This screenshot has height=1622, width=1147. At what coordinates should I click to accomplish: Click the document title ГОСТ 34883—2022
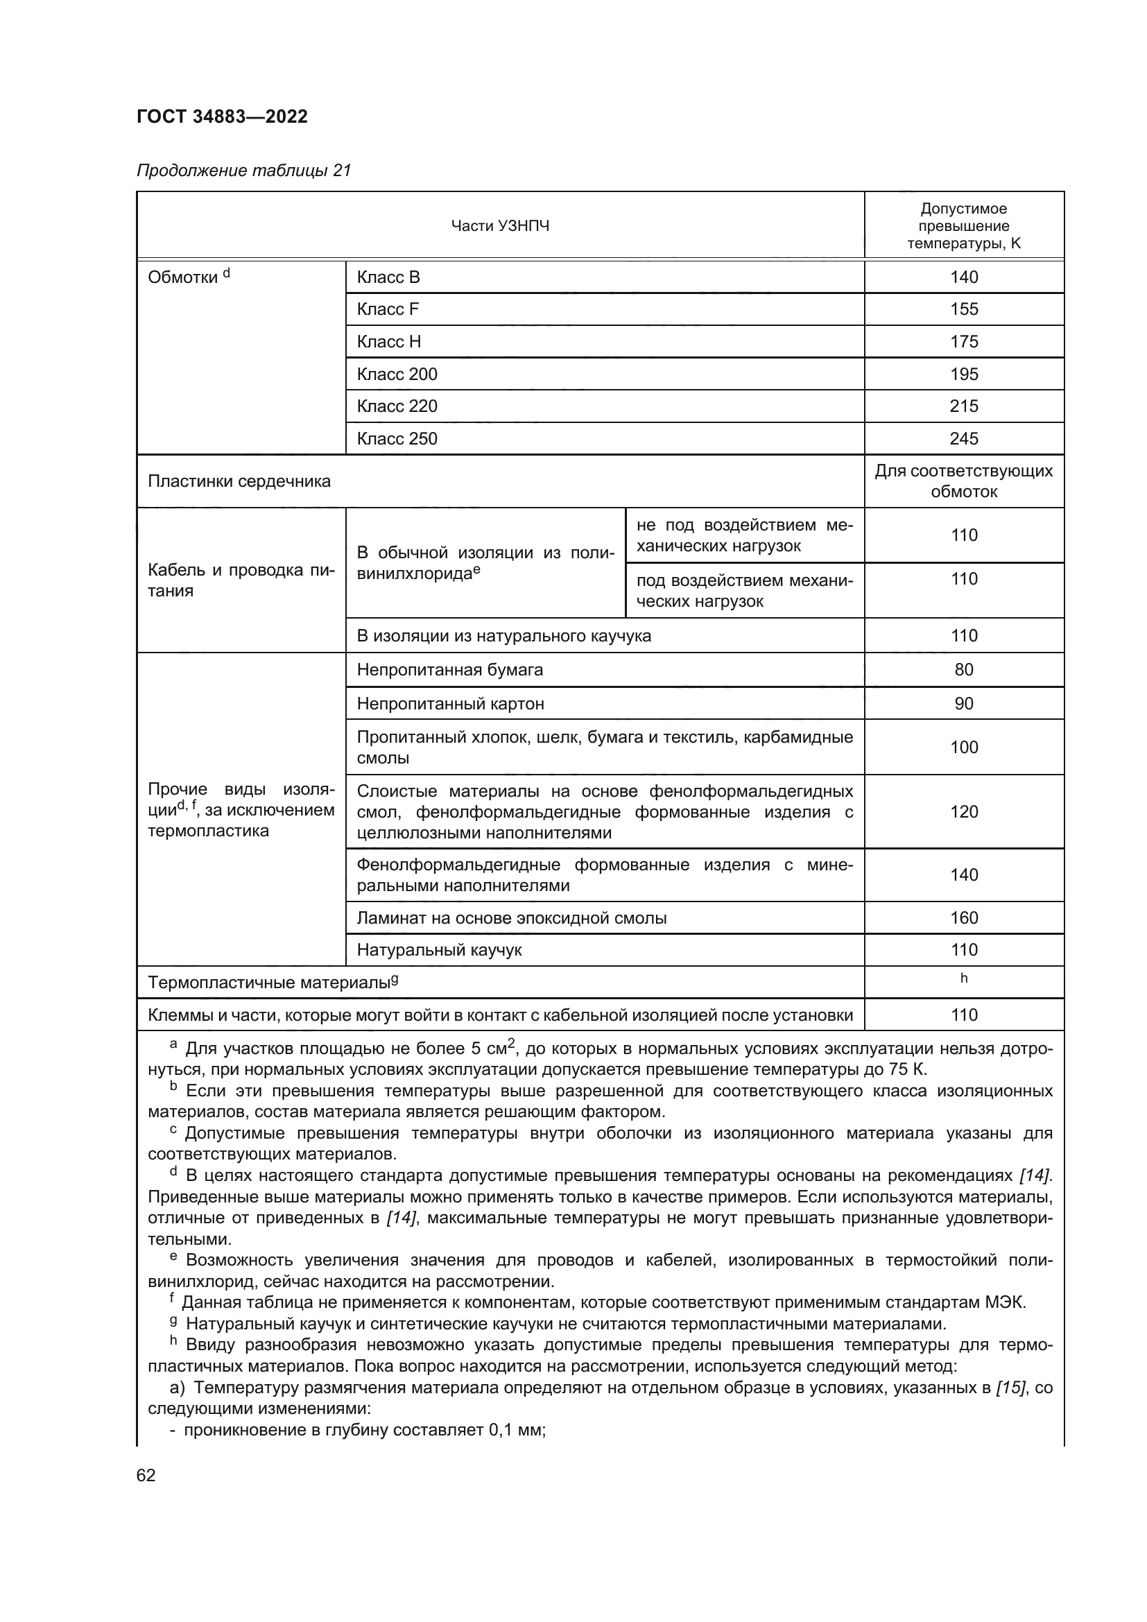(222, 117)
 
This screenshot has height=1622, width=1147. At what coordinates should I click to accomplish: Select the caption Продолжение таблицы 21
(243, 171)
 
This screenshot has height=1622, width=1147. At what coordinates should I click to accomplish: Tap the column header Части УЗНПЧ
(499, 226)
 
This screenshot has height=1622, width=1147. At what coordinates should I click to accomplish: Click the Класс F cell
(388, 309)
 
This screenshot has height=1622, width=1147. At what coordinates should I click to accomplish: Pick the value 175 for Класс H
(963, 342)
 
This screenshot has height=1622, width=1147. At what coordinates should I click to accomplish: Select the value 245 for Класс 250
(963, 439)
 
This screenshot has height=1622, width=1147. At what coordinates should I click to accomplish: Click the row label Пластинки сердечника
(239, 482)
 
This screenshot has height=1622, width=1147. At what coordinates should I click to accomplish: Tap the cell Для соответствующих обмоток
(963, 481)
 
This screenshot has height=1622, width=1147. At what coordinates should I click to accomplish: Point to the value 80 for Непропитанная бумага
(963, 670)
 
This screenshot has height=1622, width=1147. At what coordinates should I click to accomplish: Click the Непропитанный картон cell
(450, 704)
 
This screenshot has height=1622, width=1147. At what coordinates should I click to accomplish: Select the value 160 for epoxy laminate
(963, 917)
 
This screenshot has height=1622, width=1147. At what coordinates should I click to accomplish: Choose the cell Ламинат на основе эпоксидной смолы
(511, 917)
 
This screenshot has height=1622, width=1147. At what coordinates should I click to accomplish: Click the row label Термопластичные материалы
(272, 983)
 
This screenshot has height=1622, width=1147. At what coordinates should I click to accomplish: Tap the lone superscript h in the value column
(963, 978)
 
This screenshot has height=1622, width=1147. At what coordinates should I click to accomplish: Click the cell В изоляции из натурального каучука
(503, 636)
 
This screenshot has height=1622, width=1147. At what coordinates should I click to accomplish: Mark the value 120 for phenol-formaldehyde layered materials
(963, 812)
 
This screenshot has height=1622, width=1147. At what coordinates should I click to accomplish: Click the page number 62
(146, 1475)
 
